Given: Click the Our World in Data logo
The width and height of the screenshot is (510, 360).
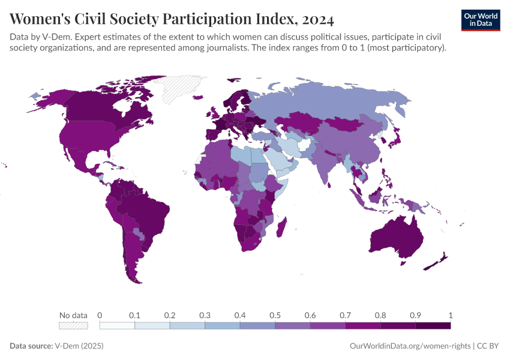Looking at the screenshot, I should point(480,20).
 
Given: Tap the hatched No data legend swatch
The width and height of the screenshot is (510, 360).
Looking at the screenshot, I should point(73,325).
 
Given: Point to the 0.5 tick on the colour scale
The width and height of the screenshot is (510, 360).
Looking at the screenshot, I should point(275,315).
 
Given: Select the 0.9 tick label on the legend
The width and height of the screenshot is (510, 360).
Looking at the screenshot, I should point(415,315).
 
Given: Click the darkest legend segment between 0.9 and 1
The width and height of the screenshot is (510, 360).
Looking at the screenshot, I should point(433,325).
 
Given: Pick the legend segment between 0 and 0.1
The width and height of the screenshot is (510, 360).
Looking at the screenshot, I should point(117,325).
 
